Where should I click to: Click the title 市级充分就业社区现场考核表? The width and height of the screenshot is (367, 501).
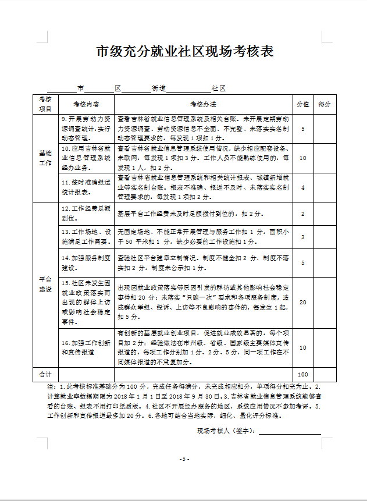pos(184,51)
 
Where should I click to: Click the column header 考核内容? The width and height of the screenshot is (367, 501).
pos(85,105)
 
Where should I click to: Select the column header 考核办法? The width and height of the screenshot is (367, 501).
pos(202,105)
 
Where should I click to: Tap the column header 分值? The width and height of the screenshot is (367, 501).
pos(302,105)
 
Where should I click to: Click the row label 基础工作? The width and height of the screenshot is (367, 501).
pos(45,158)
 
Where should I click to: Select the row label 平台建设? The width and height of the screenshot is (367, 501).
pos(45,285)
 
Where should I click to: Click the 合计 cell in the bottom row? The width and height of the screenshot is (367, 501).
pos(45,374)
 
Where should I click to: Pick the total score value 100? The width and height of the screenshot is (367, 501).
pos(302,374)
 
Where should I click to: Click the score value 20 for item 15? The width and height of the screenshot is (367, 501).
pos(302,302)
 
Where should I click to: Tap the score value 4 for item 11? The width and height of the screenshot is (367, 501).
pos(302,187)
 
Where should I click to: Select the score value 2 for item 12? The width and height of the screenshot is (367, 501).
pos(302,214)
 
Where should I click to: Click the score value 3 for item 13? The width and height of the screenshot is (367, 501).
pos(302,237)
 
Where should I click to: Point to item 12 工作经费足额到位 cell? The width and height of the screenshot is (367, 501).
pos(85,213)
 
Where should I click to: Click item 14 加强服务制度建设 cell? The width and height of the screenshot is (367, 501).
pos(85,262)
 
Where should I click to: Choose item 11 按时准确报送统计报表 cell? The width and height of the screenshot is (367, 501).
pos(85,187)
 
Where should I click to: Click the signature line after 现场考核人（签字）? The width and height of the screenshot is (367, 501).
pos(290,432)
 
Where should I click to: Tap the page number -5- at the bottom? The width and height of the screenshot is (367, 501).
pos(184,459)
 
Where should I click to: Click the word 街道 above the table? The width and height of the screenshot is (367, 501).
pos(159,88)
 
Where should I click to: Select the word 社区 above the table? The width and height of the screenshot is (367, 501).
pos(218,88)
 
